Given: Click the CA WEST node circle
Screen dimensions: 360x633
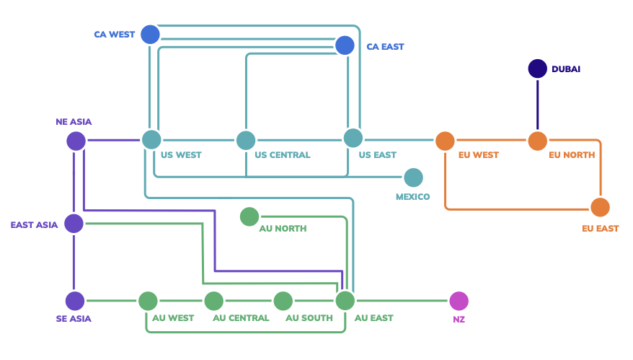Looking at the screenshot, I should [150, 34].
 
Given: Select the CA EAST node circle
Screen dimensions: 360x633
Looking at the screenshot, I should [345, 45].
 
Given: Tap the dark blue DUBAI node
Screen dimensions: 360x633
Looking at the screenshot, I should [538, 69].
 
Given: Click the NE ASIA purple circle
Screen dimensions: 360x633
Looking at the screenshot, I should [76, 141].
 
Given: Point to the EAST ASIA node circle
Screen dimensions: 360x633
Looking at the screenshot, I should [74, 224].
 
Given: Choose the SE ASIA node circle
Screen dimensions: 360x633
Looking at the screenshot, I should [75, 301].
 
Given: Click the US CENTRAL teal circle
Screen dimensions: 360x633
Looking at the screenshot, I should [246, 141].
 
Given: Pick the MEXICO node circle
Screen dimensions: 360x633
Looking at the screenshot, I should [413, 177].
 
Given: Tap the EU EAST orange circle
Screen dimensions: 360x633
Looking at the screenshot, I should [600, 208].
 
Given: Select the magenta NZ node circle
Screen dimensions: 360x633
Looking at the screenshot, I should [459, 301].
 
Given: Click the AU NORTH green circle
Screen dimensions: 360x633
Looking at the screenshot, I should [249, 216].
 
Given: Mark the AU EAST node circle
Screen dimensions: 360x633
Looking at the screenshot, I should [345, 301].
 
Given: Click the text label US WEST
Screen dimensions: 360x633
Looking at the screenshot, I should [181, 155].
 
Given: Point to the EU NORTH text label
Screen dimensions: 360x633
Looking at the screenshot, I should [572, 155].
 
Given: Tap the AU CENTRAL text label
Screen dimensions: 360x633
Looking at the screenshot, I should [241, 318].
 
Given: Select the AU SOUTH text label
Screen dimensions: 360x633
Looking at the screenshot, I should [309, 318].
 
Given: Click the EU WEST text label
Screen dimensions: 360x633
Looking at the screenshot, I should [478, 155].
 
